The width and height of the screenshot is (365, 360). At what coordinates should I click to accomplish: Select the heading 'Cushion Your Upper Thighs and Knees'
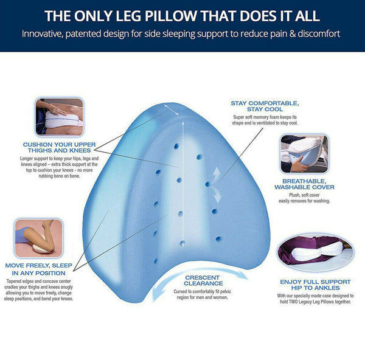59,148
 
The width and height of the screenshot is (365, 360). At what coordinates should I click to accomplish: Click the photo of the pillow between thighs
60,117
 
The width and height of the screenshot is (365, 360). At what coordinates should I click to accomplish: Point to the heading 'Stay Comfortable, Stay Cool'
265,106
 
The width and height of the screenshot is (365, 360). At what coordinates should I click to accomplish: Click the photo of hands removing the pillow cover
305,154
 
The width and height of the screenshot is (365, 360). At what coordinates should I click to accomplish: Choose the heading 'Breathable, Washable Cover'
304,184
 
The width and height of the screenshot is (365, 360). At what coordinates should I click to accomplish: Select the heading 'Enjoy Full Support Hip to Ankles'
315,285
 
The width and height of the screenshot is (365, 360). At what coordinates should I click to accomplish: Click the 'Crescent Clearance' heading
203,280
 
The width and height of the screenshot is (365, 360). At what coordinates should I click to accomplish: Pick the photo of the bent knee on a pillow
39,238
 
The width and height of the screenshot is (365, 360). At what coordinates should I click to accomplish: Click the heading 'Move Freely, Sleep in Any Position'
39,269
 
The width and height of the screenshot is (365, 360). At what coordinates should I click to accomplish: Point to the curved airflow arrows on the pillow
217,185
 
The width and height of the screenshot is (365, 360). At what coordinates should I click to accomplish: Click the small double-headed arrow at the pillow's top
172,110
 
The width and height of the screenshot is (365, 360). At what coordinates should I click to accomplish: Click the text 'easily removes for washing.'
305,201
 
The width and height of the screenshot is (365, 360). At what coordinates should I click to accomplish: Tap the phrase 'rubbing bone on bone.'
59,176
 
